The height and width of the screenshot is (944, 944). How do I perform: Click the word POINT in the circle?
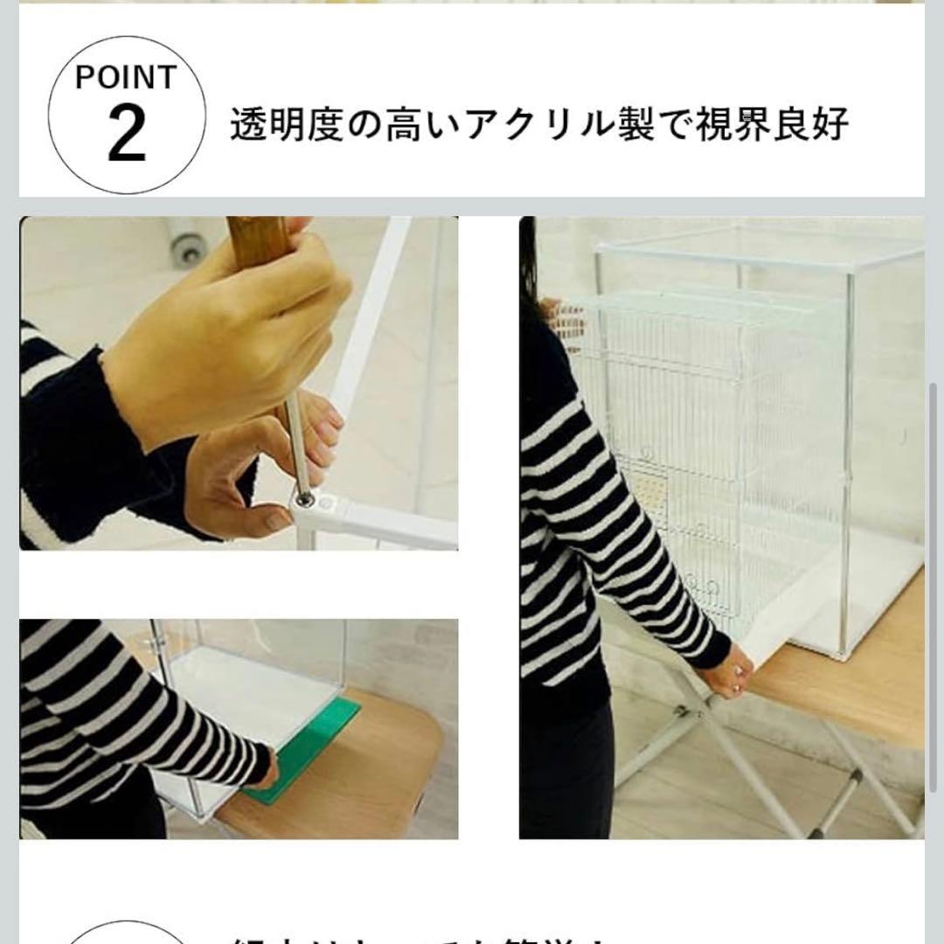pos(126,78)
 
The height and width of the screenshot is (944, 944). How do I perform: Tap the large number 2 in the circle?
pos(127,134)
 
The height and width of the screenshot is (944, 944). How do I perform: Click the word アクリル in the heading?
pos(527,126)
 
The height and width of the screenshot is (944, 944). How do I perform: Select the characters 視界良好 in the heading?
pos(772,126)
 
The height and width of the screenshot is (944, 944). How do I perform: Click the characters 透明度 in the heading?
pos(286,126)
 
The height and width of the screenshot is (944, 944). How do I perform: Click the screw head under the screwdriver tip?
pos(305,499)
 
